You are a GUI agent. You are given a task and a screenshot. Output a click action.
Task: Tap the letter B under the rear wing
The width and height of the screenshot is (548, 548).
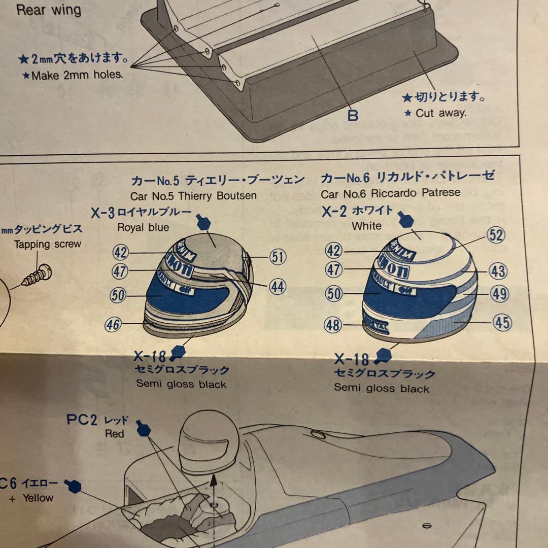pos(353,115)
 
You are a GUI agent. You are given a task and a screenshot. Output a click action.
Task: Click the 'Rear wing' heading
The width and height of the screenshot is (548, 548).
pos(49,10)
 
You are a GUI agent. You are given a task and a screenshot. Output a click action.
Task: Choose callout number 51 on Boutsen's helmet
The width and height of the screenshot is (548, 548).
pos(277,257)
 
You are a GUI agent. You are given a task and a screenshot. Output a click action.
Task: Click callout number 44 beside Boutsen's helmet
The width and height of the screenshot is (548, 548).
pos(277,287)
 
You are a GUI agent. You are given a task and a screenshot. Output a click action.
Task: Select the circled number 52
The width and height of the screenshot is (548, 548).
pos(496,235)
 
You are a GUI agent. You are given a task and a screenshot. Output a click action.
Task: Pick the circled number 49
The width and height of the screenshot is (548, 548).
pos(500,293)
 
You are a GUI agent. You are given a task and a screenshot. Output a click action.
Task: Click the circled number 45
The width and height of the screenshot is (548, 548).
pos(501,322)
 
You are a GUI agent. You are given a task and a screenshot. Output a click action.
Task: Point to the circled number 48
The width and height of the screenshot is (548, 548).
pos(333,325)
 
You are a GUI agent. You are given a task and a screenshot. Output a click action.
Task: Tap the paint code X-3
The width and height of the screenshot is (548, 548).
pos(103,213)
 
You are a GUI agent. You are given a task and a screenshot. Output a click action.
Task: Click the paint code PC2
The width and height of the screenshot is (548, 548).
pos(82,420)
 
